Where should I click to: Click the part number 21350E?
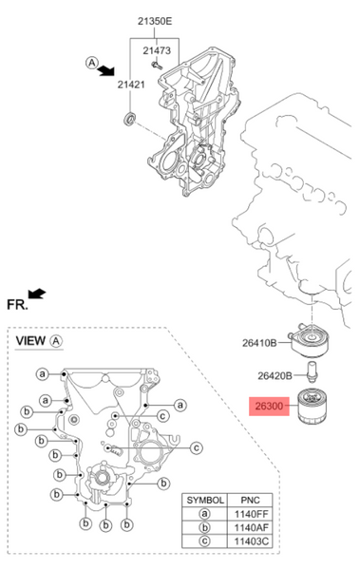155,22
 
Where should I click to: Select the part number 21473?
157,50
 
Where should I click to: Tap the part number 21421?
131,85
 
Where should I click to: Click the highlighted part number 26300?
269,406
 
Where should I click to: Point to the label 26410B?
259,343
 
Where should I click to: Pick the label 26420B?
275,375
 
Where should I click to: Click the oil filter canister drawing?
312,407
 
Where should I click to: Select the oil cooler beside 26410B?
309,340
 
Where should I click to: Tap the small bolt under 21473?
157,66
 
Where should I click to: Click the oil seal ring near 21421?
130,120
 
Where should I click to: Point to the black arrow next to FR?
37,293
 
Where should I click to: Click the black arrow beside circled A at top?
107,69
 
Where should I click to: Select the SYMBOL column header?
205,501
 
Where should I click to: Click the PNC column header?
250,501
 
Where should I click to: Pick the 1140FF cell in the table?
251,514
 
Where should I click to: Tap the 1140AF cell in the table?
251,527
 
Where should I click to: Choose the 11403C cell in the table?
251,541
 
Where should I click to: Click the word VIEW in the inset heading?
30,341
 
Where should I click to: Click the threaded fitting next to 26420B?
312,371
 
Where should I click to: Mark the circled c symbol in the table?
205,541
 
